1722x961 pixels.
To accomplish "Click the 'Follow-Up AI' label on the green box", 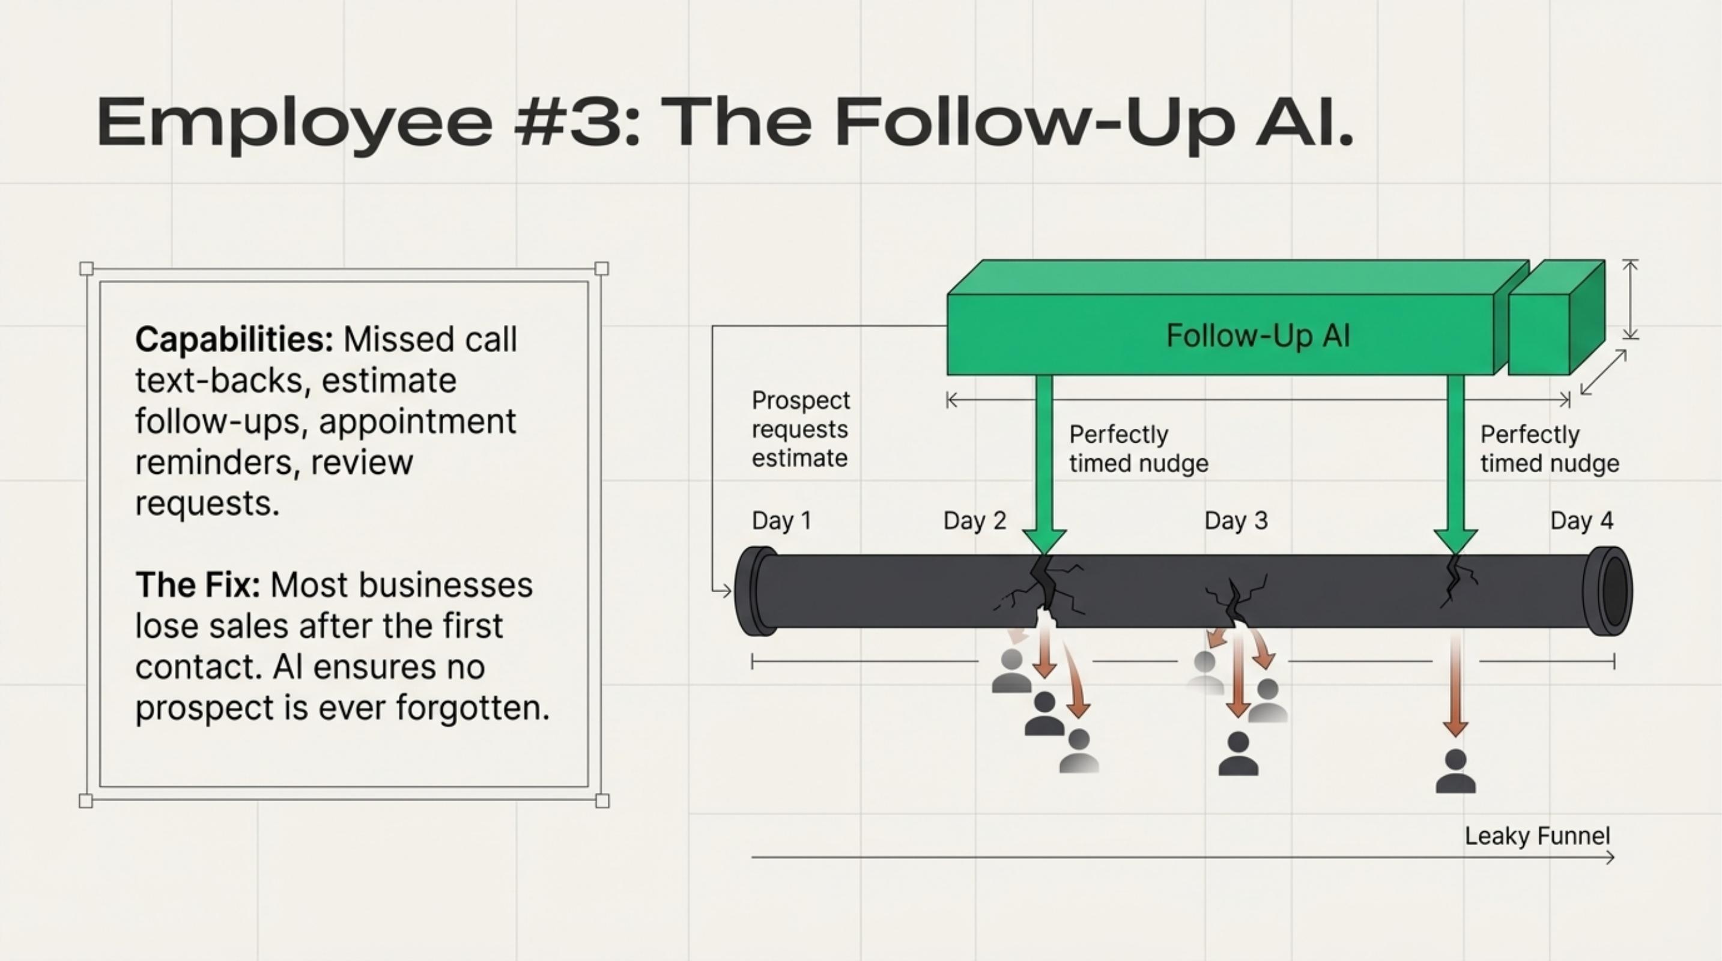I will [x=1258, y=336].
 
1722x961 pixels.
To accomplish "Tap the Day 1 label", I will [x=781, y=521].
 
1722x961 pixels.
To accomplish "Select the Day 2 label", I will [x=975, y=521].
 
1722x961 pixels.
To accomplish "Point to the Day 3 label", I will [x=1236, y=521].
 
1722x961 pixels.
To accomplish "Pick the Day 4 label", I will [x=1581, y=521].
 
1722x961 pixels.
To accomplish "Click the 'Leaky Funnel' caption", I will [x=1537, y=836].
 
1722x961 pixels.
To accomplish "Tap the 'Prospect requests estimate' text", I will [x=800, y=429].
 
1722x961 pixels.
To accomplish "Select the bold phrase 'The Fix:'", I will [x=198, y=586].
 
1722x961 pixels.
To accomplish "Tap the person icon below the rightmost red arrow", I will [x=1455, y=772].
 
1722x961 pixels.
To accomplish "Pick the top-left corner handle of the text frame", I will [x=86, y=268].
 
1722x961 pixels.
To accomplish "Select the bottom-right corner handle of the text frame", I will [x=602, y=801].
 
